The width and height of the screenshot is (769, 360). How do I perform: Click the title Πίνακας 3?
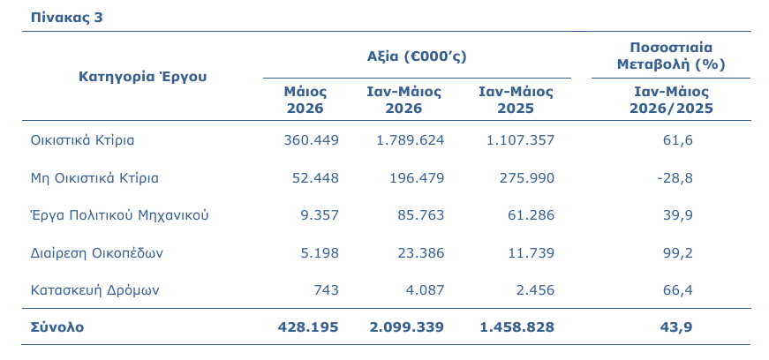pos(67,18)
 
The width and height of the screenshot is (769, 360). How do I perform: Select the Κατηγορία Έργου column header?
pos(143,77)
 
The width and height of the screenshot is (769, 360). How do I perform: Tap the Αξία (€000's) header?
pos(417,56)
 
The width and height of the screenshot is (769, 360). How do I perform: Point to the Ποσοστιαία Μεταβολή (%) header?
pos(671,56)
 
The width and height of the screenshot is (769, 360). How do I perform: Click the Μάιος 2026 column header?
pos(305,100)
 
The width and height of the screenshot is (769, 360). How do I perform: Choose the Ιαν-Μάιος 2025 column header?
pos(516,100)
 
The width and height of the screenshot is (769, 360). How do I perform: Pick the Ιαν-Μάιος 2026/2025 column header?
pos(671,100)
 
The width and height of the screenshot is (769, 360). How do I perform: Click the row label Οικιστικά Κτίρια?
pos(82,140)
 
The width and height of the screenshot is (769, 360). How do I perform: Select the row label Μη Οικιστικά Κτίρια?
pos(94,178)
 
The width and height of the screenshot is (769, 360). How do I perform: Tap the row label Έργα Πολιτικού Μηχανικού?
pos(120,215)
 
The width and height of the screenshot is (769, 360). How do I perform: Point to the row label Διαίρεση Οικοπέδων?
pos(96,253)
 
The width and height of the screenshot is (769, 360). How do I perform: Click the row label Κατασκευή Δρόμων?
pos(94,290)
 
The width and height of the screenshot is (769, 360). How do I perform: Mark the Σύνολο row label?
pos(57,327)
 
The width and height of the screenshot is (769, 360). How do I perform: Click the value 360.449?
pos(311,140)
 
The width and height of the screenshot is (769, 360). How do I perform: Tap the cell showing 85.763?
pos(421,215)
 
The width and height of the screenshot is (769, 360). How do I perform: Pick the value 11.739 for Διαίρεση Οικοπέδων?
pos(531,253)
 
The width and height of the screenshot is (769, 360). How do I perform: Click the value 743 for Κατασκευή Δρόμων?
pos(326,290)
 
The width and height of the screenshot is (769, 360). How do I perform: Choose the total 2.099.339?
pos(406,327)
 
